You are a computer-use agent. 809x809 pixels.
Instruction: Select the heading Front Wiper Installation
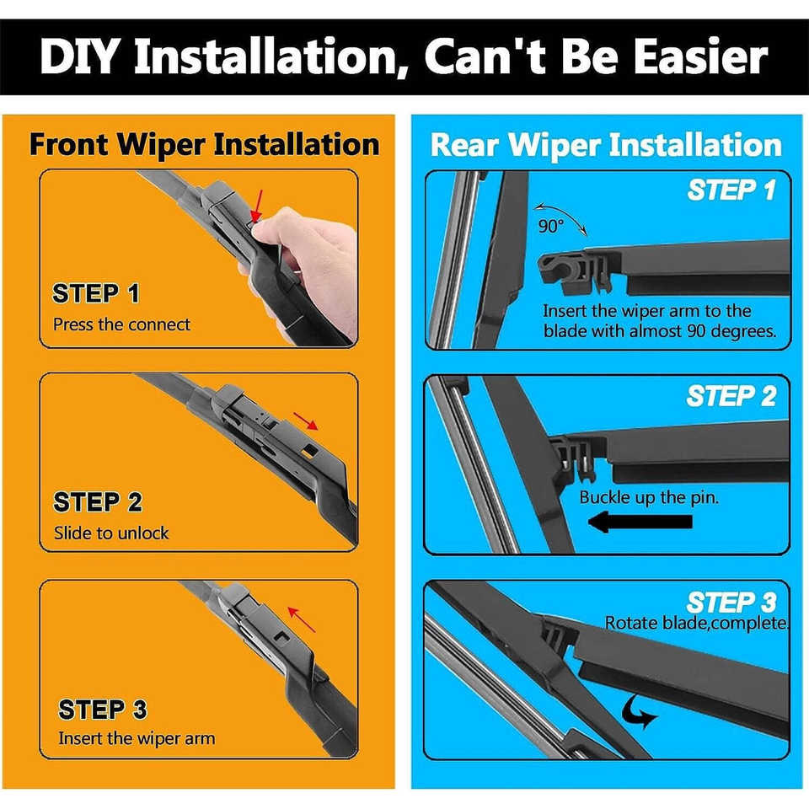(204, 145)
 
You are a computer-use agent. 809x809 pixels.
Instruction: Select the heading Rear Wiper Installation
(606, 145)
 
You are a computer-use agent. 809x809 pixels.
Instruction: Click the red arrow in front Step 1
(257, 206)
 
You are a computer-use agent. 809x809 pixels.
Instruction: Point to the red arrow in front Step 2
(305, 421)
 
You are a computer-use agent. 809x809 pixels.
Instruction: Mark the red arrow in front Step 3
(302, 619)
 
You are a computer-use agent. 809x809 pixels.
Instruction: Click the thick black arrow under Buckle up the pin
(640, 522)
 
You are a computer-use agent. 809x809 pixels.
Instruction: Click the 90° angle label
(550, 226)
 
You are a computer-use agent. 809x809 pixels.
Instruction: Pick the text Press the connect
(121, 324)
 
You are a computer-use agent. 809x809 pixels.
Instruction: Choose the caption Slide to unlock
(111, 533)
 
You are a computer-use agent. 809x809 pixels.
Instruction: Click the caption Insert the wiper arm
(137, 738)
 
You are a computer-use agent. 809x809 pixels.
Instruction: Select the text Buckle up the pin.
(649, 497)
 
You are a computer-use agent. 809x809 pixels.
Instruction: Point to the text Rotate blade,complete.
(697, 624)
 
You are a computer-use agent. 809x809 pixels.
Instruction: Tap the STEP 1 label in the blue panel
(731, 190)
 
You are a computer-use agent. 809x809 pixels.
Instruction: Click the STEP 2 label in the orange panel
(98, 502)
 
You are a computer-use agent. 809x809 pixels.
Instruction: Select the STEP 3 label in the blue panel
(731, 602)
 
